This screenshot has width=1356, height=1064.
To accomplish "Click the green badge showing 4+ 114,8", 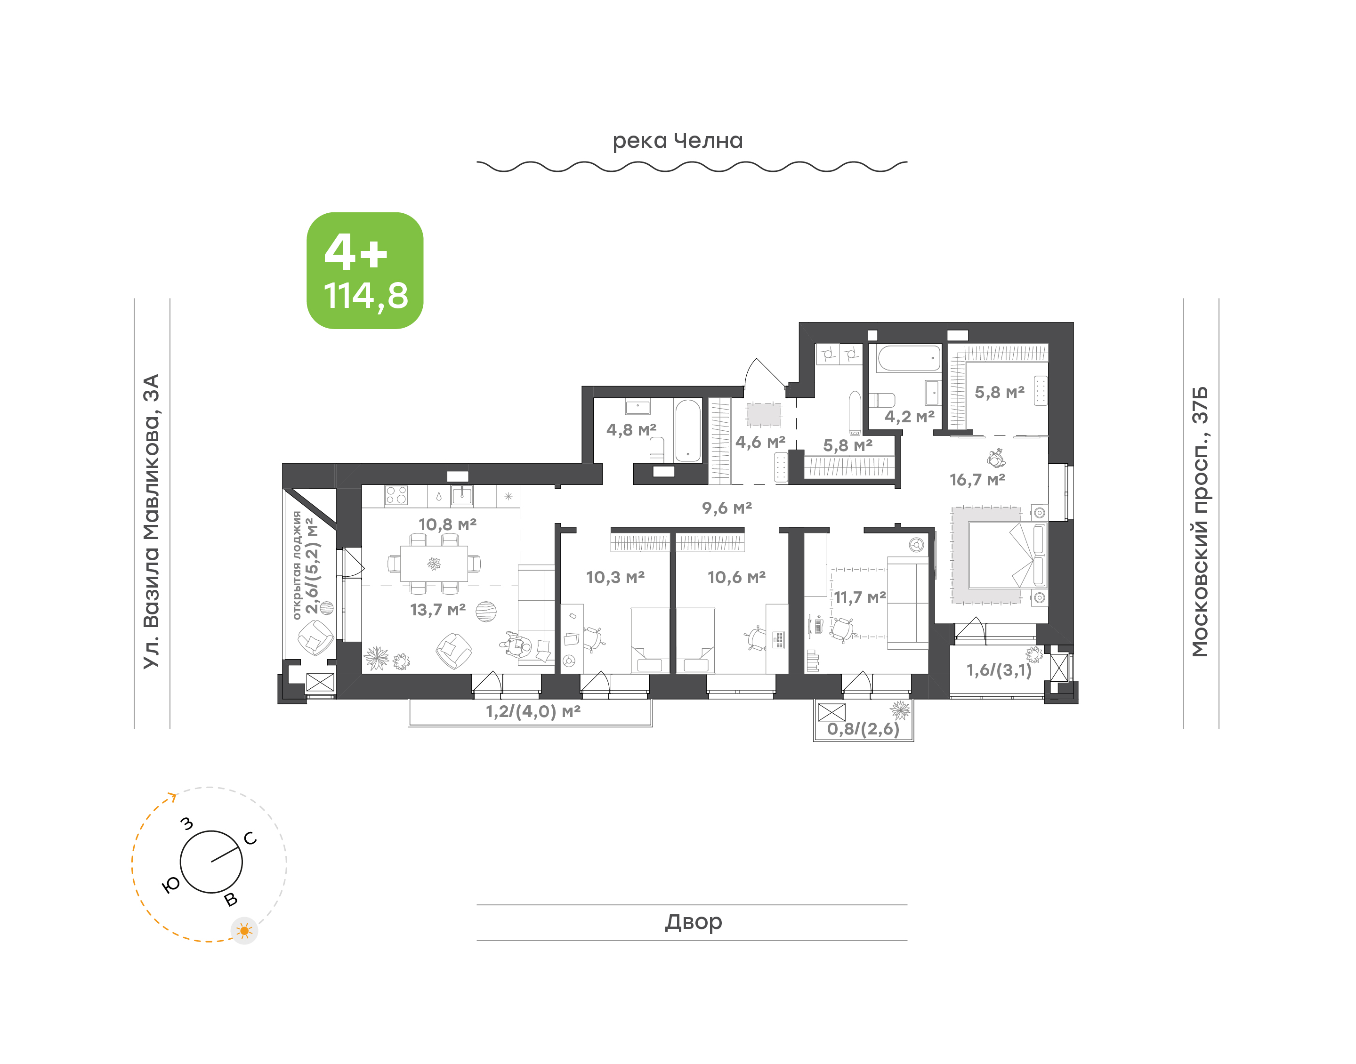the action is [364, 270].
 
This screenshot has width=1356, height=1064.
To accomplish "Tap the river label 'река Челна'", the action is [678, 141].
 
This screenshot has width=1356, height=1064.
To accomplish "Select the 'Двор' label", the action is [693, 921].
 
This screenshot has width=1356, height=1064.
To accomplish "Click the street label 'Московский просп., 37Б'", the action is [1200, 522].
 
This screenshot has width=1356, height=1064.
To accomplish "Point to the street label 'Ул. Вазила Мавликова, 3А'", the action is [151, 522].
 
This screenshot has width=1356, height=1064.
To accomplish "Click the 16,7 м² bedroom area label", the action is [977, 480].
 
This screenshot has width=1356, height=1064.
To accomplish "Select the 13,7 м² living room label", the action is [438, 610].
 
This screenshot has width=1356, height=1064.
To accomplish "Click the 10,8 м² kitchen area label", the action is [447, 524].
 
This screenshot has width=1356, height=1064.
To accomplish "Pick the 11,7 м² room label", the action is [860, 597].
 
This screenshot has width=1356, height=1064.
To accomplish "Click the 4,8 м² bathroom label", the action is [631, 430].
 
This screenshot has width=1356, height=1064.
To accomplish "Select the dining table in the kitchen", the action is [434, 564].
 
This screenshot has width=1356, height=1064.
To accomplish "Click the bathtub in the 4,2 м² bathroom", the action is [909, 358].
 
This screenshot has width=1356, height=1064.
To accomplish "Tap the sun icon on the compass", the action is [244, 931].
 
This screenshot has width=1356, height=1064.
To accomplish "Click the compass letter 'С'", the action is [250, 838].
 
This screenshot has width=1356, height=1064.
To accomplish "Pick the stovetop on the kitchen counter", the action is [396, 495].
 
